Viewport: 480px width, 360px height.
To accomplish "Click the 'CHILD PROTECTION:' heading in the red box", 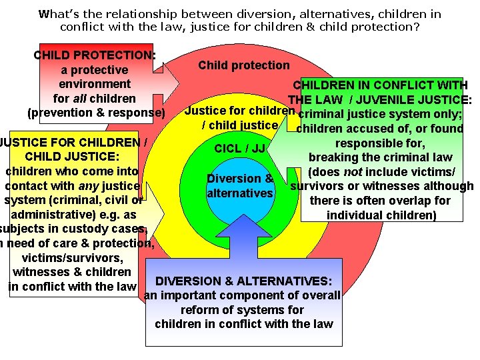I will pyautogui.click(x=94, y=55).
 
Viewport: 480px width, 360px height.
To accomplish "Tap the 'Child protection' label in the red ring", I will pyautogui.click(x=244, y=65).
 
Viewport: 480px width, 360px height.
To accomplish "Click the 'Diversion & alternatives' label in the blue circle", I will pyautogui.click(x=240, y=186).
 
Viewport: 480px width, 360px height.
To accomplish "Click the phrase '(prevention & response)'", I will pyautogui.click(x=95, y=113).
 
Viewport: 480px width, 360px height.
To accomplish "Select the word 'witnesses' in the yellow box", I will pyautogui.click(x=43, y=272).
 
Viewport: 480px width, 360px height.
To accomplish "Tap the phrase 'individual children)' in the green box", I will pyautogui.click(x=382, y=215).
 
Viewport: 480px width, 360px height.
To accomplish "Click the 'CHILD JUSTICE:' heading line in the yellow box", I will pyautogui.click(x=71, y=157).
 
